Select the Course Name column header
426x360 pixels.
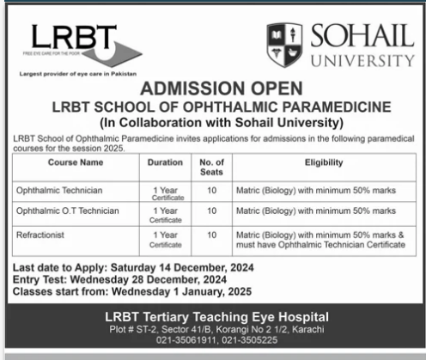point(76,162)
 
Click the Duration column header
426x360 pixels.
point(165,162)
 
